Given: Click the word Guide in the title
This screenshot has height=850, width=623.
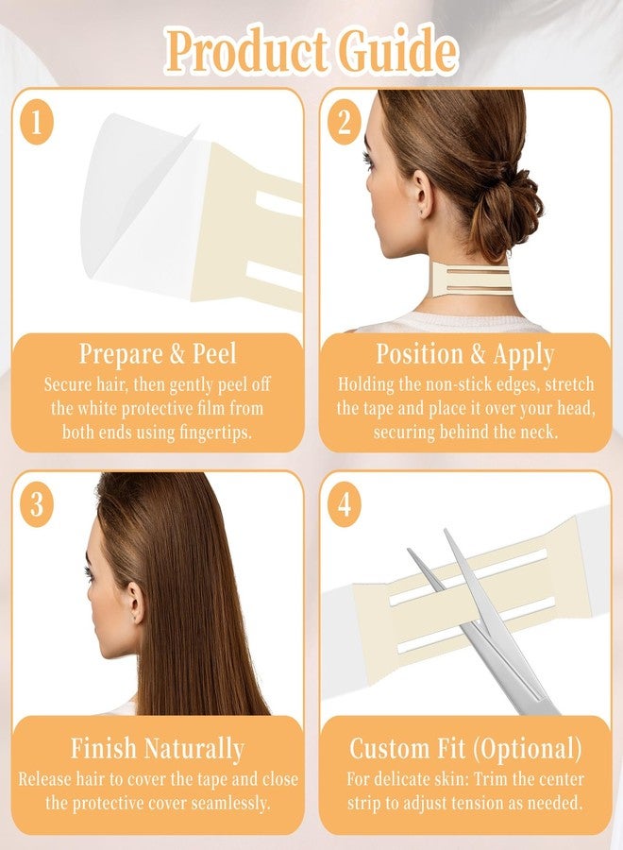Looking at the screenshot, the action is click(397, 52).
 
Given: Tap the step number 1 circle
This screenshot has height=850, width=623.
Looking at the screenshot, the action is click(37, 122).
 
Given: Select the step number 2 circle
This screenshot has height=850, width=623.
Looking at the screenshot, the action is click(345, 122).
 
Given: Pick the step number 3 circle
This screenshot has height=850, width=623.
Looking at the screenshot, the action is click(37, 504).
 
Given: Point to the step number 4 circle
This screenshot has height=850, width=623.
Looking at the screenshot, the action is click(345, 504).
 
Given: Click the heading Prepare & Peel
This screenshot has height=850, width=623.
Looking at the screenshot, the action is click(158, 354).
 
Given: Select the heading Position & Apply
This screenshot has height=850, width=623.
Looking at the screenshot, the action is click(465, 355).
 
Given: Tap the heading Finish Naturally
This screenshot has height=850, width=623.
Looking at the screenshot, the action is click(158, 749).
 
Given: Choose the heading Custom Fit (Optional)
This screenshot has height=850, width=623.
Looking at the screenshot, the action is click(465, 749).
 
